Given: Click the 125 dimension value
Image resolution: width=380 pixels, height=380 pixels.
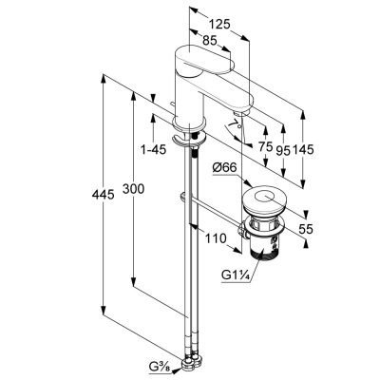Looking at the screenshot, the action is [218, 25].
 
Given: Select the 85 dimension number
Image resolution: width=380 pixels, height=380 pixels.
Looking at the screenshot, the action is [209, 40].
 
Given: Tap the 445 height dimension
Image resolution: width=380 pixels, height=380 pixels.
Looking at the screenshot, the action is [103, 194].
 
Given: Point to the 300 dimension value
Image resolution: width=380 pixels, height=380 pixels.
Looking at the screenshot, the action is [133, 189].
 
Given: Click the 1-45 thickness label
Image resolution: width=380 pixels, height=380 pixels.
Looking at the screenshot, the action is [154, 149].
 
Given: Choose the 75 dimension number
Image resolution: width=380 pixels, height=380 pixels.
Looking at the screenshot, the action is [265, 146].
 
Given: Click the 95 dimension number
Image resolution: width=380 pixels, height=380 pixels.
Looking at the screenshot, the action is [283, 151].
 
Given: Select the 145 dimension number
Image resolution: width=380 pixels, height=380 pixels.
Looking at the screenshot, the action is [303, 149].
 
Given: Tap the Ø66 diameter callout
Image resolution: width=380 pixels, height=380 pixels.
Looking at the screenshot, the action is [225, 168].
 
